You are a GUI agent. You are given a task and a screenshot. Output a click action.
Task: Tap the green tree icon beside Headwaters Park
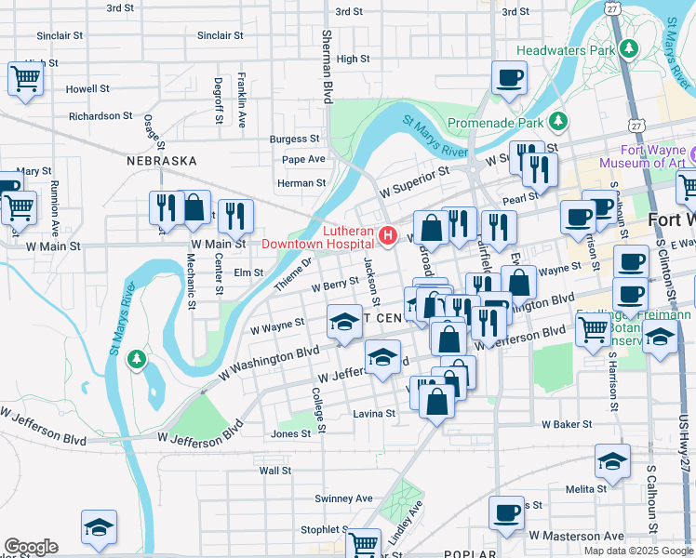(x=630, y=48)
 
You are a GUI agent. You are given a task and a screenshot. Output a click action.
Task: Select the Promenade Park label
(x=496, y=122)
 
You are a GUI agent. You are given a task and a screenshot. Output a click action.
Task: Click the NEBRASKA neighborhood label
(x=162, y=161)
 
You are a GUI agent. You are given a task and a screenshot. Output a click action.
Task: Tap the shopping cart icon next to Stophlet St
(x=364, y=543)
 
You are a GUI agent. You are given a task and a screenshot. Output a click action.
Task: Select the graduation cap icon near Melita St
(x=613, y=460)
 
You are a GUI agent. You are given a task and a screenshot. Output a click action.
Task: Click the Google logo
(x=31, y=547)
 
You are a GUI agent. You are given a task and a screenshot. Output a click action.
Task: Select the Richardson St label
(x=100, y=116)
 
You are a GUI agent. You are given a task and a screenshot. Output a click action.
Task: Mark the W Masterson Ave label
(x=576, y=536)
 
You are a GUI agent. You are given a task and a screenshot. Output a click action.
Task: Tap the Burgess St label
(x=294, y=139)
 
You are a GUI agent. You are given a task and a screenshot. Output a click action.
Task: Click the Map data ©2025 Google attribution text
(x=637, y=551)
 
